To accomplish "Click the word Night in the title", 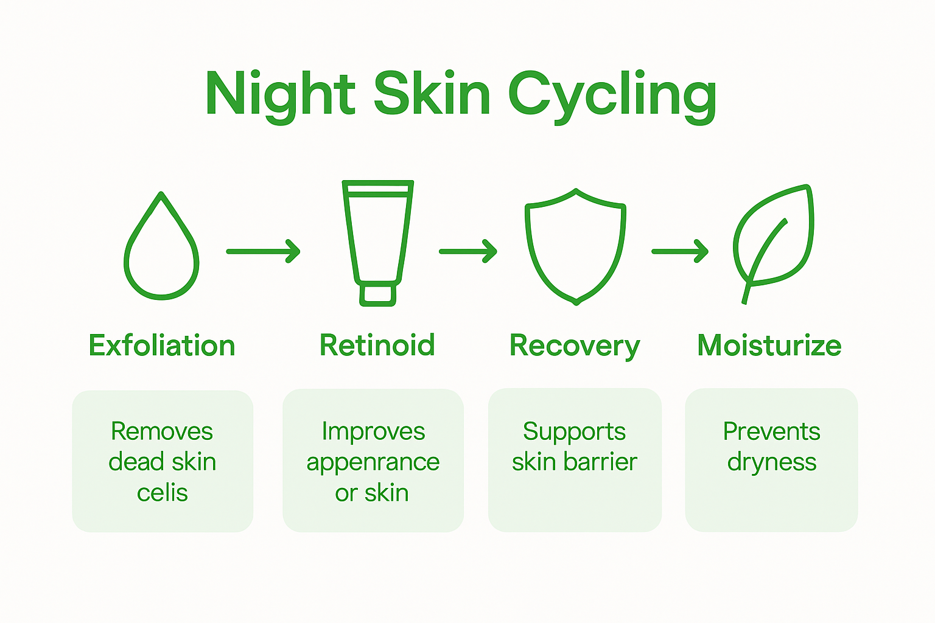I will (x=281, y=94).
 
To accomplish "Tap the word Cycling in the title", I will (x=612, y=96).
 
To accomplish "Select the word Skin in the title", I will (x=432, y=94).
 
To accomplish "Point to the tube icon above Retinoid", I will (x=378, y=237).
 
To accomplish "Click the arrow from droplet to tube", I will (x=263, y=251).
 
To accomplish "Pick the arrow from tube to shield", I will (x=467, y=251).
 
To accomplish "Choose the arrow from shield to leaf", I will (x=679, y=251).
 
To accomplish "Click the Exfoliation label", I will (x=162, y=346).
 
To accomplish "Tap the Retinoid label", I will (x=377, y=345).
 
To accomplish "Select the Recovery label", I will (x=575, y=346).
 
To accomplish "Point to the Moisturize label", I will (x=769, y=346).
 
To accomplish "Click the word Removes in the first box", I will (x=162, y=431).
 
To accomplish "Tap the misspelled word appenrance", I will (x=373, y=462).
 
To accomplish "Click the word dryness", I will (x=772, y=462).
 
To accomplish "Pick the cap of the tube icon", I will (x=378, y=294).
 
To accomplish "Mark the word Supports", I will (x=574, y=432).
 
